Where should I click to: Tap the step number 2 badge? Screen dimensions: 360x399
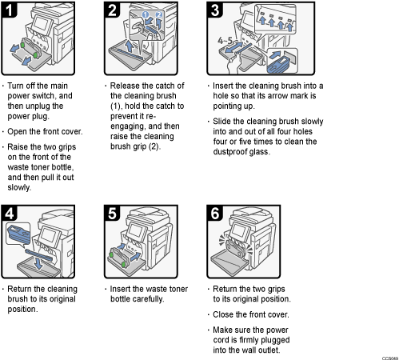click(114, 10)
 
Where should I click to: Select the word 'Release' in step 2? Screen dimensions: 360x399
click(128, 86)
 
